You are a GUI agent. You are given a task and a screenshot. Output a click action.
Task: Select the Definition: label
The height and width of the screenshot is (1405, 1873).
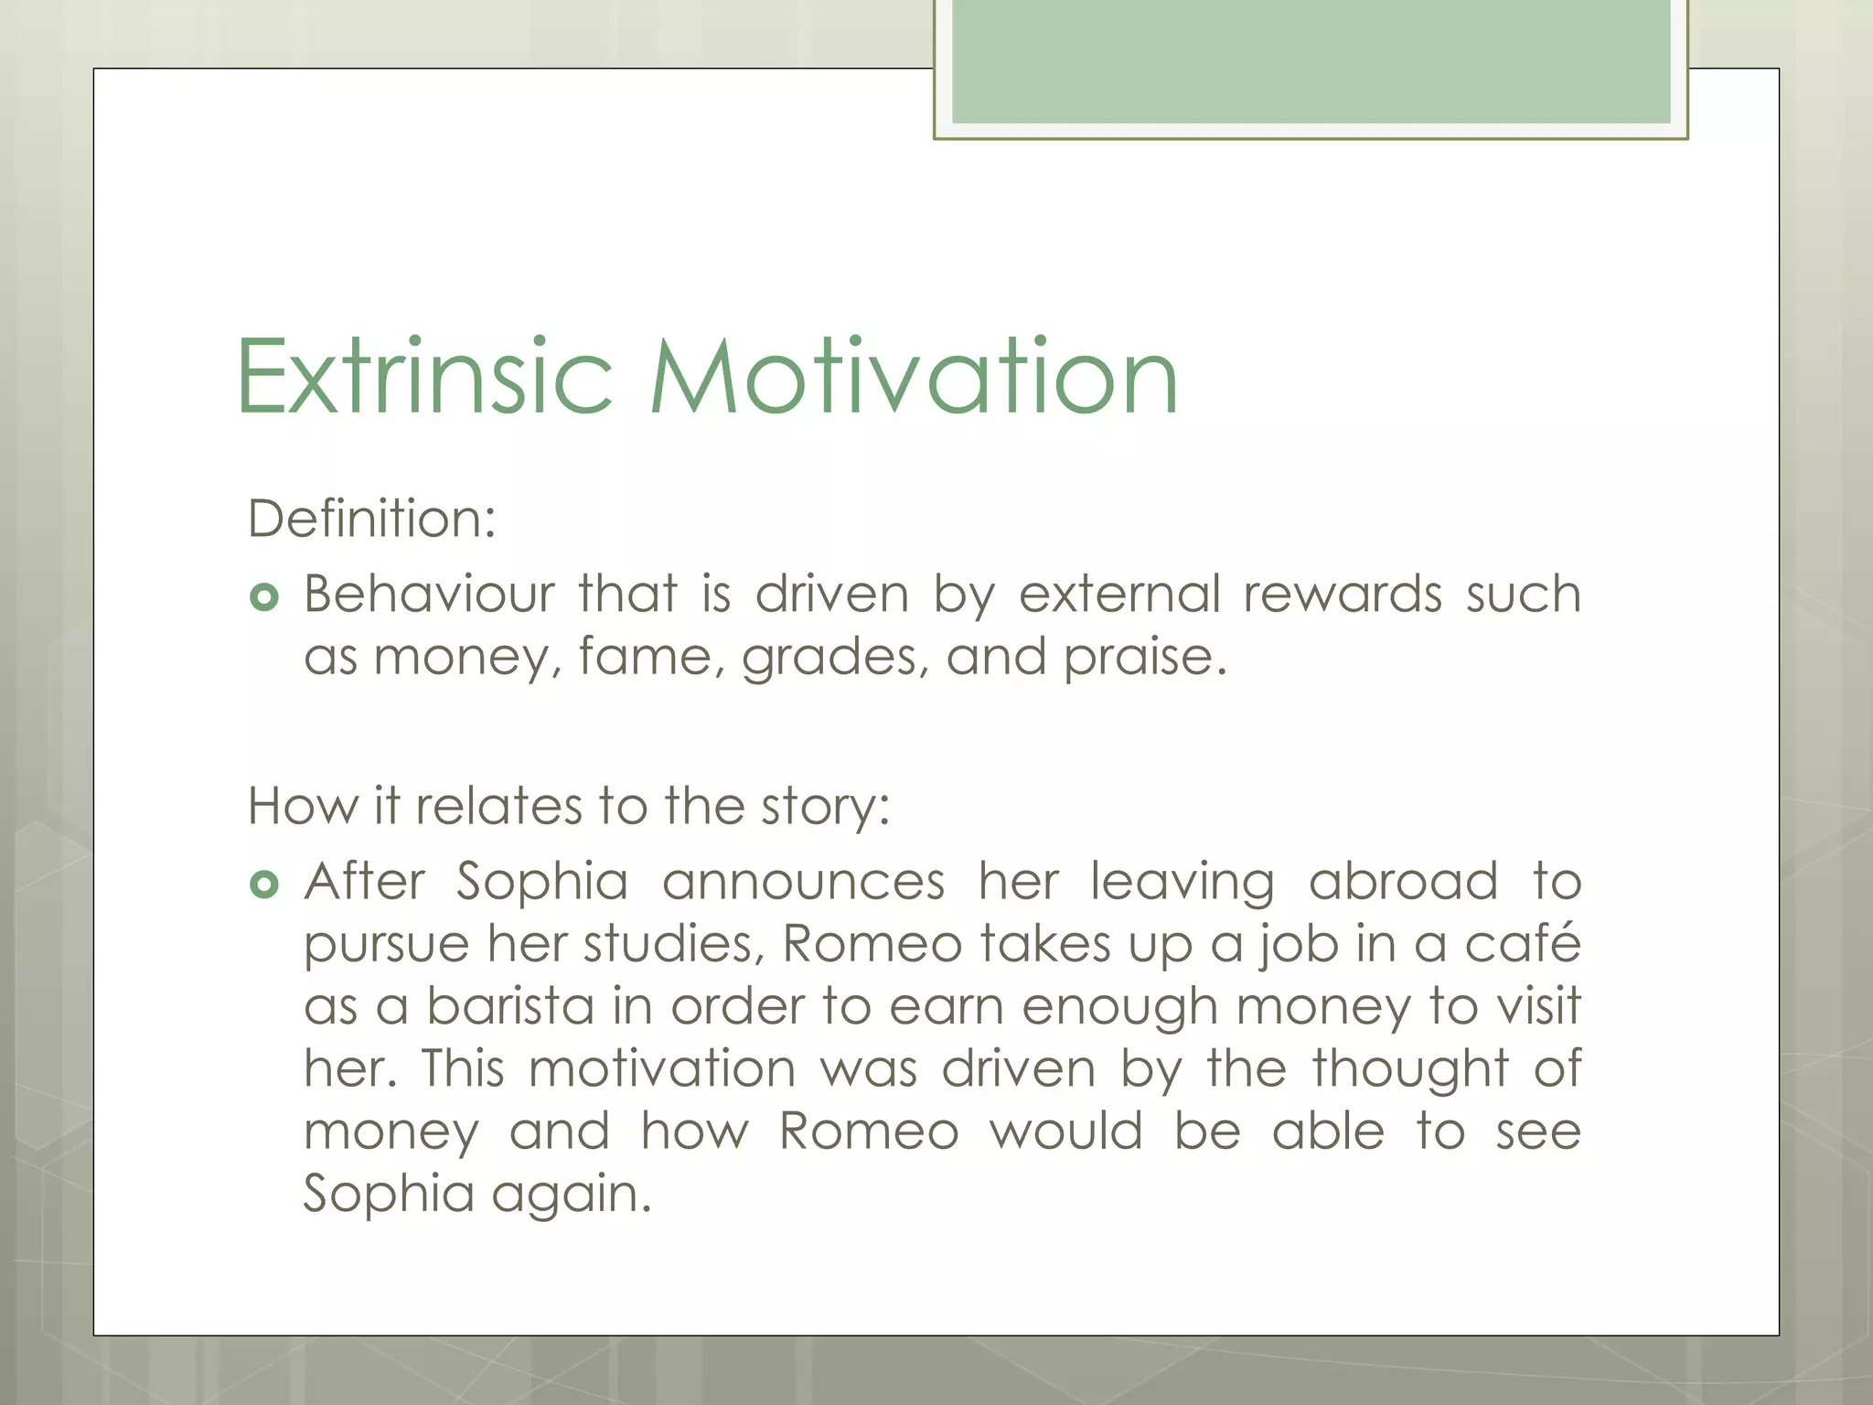371,519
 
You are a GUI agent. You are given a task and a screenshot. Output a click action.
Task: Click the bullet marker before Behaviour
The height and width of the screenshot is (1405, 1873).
263,598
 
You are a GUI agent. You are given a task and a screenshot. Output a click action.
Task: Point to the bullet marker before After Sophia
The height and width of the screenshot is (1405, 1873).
263,885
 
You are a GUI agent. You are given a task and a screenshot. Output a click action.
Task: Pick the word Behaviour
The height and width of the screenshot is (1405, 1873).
429,594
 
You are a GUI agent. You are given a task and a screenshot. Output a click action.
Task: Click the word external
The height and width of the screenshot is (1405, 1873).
1119,594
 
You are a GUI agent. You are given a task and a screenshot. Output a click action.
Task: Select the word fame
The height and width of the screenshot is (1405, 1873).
645,657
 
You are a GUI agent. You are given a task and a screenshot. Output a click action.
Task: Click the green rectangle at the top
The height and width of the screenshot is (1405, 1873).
1311,62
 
